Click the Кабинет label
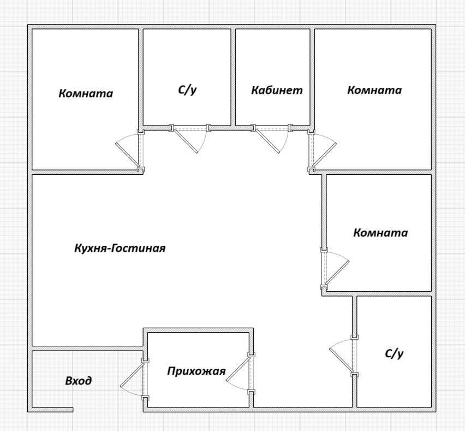[276, 90]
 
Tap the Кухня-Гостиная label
[120, 248]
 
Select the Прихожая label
[196, 371]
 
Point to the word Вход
[78, 381]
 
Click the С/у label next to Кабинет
[187, 90]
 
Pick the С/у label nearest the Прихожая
[394, 353]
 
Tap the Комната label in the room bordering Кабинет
[374, 90]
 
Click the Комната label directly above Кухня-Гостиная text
[86, 93]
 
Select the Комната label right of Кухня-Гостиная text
[380, 233]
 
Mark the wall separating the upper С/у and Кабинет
[233, 76]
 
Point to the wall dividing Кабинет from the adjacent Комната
[312, 76]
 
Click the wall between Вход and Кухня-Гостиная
[87, 348]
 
